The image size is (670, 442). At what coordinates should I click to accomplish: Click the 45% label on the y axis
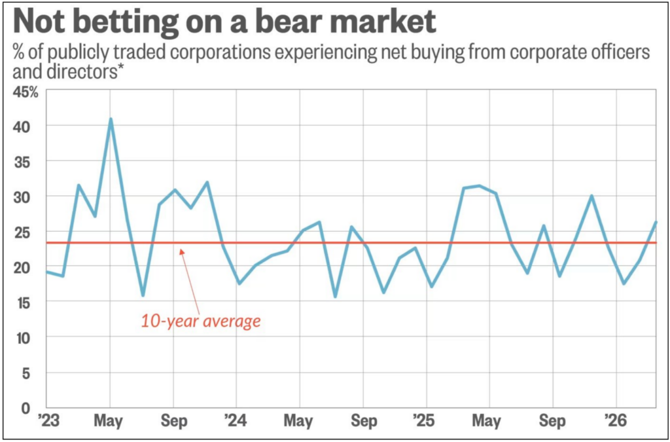(26, 92)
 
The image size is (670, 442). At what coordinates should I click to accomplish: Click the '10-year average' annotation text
(201, 322)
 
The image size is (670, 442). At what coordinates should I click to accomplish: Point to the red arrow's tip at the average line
(181, 246)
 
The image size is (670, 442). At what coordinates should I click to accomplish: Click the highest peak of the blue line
(111, 119)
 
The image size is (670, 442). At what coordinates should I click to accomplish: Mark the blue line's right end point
(656, 222)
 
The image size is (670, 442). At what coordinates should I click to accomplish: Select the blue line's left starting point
(46, 272)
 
